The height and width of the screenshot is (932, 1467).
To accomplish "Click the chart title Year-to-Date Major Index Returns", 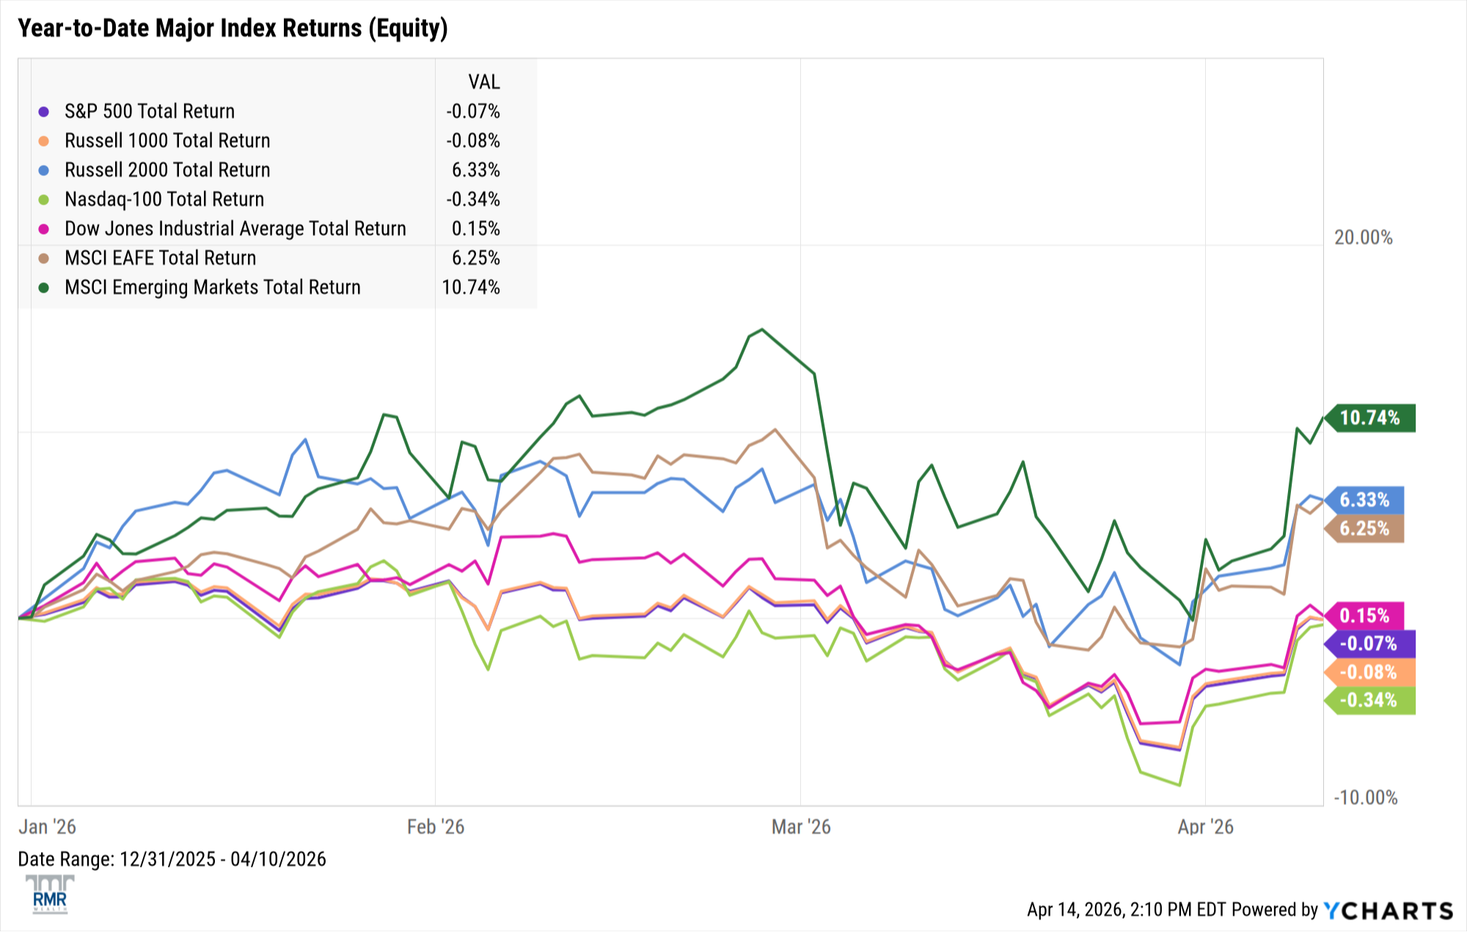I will point(232,28).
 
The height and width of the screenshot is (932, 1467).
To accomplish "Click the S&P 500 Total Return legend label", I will point(150,111).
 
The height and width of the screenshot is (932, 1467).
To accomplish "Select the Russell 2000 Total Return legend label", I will point(167,170).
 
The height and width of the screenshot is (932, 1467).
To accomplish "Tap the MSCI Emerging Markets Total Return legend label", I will point(213,287).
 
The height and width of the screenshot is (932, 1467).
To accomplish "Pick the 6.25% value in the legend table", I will point(475,258).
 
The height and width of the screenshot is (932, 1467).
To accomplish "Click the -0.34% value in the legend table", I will point(472,199).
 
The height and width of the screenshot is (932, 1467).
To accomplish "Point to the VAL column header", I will point(483,81).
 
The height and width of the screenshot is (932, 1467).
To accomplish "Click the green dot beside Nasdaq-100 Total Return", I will point(44,200).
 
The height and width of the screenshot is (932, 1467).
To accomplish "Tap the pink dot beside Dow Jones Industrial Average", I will point(44,230).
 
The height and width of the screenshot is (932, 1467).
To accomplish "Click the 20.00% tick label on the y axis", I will point(1363,238).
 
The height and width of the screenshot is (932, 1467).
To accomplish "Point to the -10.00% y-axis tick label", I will point(1365,798).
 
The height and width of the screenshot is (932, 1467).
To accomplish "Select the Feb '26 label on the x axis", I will point(436,827).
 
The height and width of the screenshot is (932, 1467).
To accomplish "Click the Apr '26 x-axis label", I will point(1205,827).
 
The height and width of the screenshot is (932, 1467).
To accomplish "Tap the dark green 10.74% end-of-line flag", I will point(1369,418).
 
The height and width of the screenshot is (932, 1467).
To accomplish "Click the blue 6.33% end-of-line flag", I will point(1364,500).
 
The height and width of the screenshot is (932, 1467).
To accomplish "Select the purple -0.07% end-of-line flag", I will point(1368,644).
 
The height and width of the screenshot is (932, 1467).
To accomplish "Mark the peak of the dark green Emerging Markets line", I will point(762,329).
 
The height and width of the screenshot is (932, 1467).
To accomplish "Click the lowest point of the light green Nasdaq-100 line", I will point(1179,785).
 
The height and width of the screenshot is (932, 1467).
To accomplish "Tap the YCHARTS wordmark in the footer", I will point(1389,911).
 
